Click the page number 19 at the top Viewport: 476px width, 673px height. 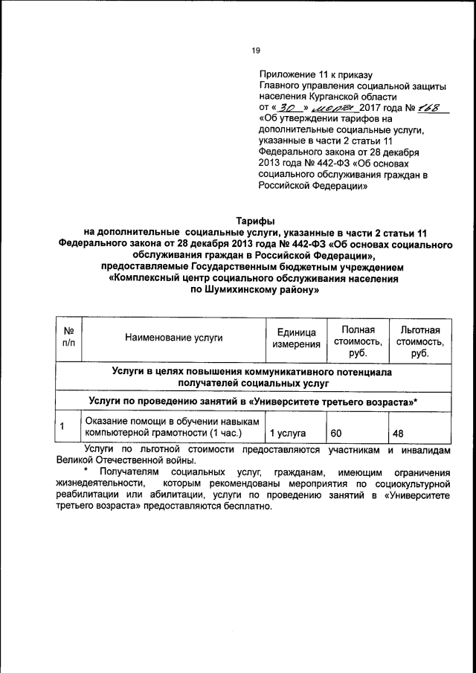pos(255,51)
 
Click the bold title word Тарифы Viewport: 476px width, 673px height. pos(255,222)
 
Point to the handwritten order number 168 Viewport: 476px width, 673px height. pos(431,107)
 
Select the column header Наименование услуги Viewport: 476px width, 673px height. pos(174,338)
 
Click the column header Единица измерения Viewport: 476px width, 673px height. pos(295,338)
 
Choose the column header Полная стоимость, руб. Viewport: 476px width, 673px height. pos(357,338)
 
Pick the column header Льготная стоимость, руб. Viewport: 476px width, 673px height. pos(420,338)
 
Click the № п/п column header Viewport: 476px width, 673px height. pos(68,338)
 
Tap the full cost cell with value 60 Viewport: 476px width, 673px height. pos(335,432)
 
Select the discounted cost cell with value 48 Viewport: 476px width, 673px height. pos(398,432)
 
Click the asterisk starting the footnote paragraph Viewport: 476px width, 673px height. pos(87,473)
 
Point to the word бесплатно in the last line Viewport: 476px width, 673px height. pos(247,507)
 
